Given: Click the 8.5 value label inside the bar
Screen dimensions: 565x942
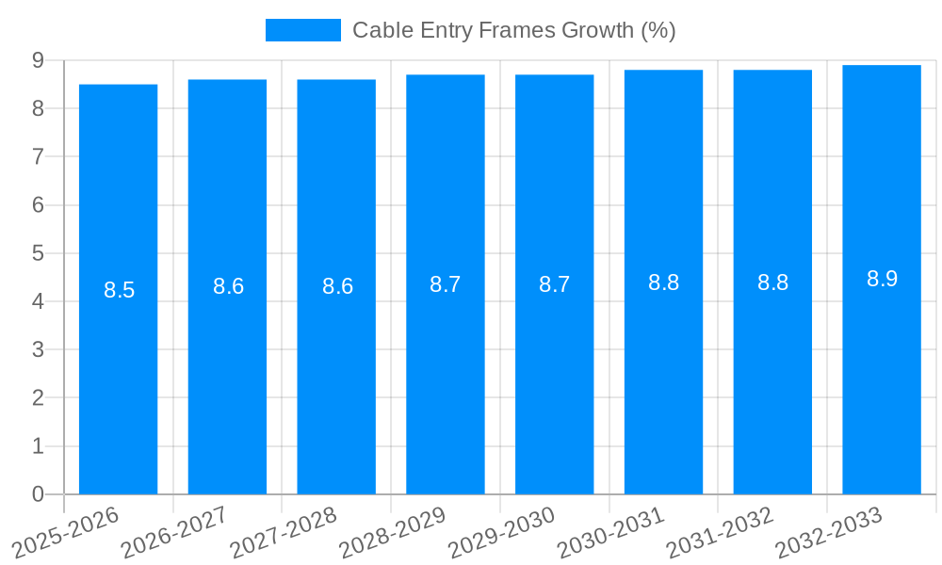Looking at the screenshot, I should pos(120,290).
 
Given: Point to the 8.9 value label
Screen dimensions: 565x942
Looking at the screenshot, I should pos(882,279).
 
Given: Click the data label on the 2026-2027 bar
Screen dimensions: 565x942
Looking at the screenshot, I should pos(228,287).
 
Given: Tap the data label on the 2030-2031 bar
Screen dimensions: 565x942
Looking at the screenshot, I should pos(663,282).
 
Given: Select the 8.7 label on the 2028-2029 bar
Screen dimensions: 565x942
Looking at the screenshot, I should pos(445,284).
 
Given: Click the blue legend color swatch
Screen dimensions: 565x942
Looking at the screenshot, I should pos(302,30).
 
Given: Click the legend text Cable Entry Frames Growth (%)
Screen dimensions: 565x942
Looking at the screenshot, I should pos(513,30).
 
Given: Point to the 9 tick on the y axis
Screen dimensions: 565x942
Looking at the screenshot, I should pos(38,60).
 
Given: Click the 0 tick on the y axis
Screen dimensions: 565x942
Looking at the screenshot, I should pos(38,494).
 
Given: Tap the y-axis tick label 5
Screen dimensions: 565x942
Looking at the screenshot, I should pos(38,253).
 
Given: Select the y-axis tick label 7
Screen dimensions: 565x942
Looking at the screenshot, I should pos(38,157).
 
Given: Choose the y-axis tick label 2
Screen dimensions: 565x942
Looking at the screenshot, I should pos(38,398).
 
